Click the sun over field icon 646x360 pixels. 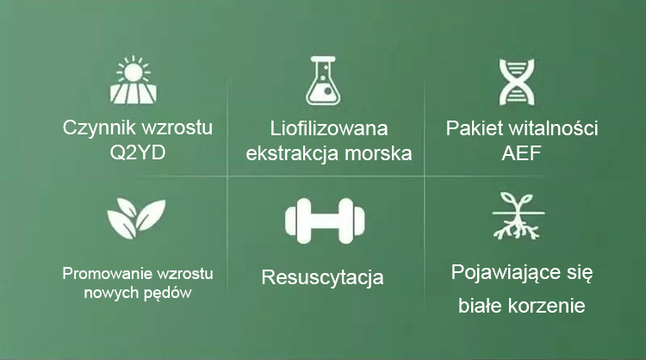pyautogui.click(x=133, y=79)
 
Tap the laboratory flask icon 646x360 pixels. pyautogui.click(x=323, y=80)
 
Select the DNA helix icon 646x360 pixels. pyautogui.click(x=517, y=82)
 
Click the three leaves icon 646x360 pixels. pyautogui.click(x=136, y=218)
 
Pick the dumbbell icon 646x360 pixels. pyautogui.click(x=325, y=220)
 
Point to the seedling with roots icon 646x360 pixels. pyautogui.click(x=519, y=216)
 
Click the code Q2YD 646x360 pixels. pyautogui.click(x=138, y=152)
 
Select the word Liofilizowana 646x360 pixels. pyautogui.click(x=329, y=128)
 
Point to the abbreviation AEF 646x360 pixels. pyautogui.click(x=521, y=153)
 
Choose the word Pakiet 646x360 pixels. pyautogui.click(x=474, y=128)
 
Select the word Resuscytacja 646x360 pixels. pyautogui.click(x=323, y=277)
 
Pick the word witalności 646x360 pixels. pyautogui.click(x=553, y=128)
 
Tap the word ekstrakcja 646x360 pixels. pyautogui.click(x=293, y=153)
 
